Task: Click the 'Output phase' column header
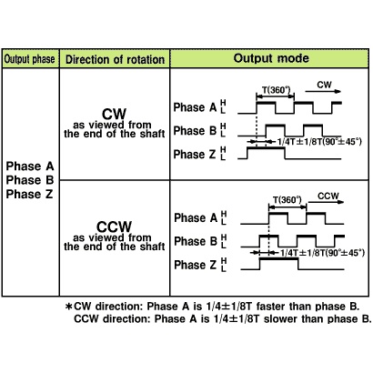[29, 59]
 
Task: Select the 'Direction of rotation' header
[116, 59]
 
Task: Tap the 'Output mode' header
[271, 58]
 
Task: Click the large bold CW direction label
[114, 114]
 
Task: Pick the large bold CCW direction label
[114, 227]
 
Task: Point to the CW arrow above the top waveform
[323, 91]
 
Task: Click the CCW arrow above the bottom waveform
[327, 202]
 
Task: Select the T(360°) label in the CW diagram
[276, 90]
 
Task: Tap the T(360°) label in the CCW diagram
[287, 200]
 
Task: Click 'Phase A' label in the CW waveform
[195, 107]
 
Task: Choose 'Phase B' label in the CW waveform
[195, 131]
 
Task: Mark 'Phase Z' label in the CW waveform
[195, 154]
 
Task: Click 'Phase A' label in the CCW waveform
[196, 217]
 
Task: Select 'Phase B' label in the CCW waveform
[196, 241]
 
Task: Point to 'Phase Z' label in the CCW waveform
[196, 265]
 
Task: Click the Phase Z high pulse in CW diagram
[266, 147]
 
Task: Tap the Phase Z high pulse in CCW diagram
[278, 258]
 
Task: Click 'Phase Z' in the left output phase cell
[29, 194]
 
